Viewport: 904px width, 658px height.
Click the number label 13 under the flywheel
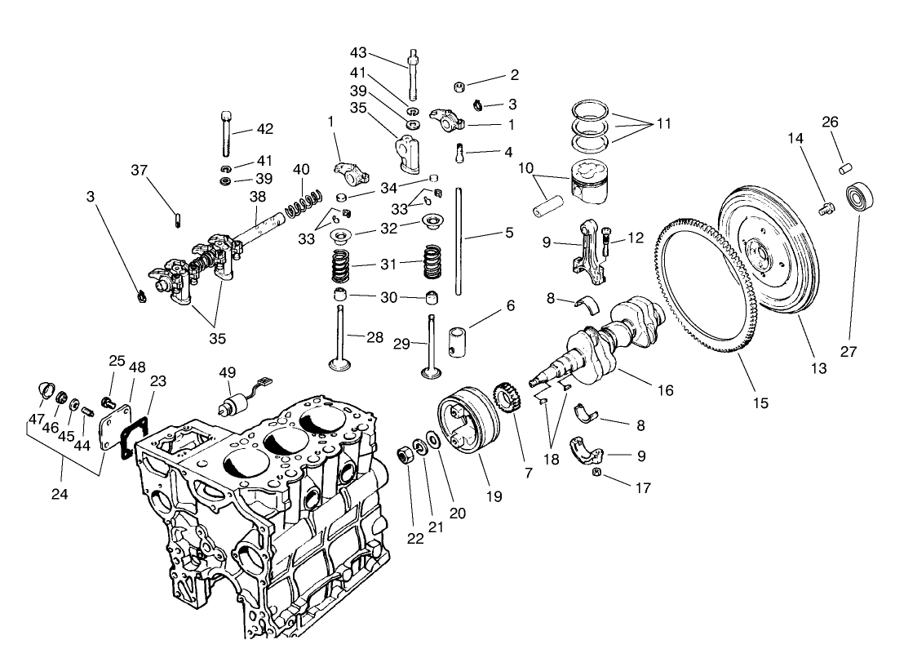coord(818,368)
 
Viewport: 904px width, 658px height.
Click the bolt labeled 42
coord(223,132)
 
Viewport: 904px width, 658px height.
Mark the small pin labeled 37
coord(177,216)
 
